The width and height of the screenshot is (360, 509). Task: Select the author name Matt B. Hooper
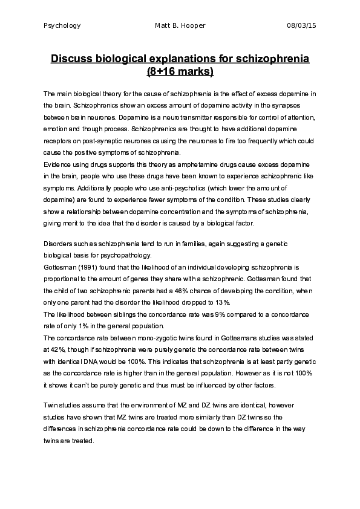[x=180, y=26]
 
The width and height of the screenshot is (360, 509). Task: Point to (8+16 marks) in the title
[x=180, y=73]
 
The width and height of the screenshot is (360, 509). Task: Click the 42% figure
[x=55, y=351]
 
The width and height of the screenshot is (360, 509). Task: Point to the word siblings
[x=113, y=314]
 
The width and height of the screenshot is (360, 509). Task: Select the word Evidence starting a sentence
[x=57, y=164]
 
